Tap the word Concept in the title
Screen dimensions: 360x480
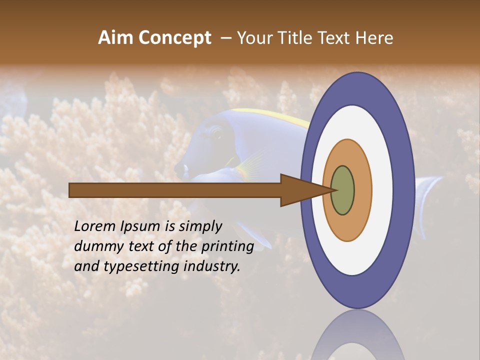tap(175, 37)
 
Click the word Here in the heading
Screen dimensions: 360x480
tap(374, 37)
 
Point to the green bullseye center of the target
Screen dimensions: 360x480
tap(343, 190)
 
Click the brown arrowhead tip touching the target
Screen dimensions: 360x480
tap(331, 190)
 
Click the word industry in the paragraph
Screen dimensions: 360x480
tap(212, 266)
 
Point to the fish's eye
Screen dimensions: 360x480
tap(216, 133)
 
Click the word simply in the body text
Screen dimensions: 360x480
tap(200, 226)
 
